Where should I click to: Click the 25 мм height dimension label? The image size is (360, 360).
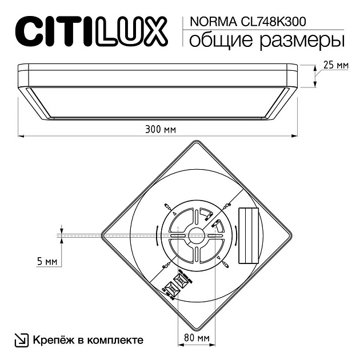(x=335, y=65)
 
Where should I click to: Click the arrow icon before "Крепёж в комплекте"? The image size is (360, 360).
(x=20, y=340)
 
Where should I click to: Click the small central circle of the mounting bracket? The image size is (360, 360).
(x=197, y=233)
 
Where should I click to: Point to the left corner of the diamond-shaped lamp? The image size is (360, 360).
(x=103, y=234)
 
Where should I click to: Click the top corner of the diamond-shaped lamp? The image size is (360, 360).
(x=197, y=141)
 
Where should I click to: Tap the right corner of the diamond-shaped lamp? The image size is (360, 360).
(x=291, y=234)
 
